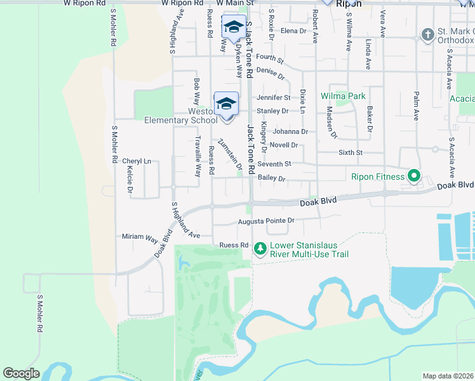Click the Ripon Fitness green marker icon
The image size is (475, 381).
[414, 176]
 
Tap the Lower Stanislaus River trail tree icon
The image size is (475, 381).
[260, 249]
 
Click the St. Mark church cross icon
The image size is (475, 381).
[428, 34]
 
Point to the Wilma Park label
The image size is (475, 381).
[343, 96]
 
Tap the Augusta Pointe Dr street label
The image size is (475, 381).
[266, 222]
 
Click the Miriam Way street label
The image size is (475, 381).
[140, 237]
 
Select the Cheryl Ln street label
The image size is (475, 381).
[137, 161]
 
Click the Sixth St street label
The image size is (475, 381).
[351, 153]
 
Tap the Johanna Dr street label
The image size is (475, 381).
[290, 132]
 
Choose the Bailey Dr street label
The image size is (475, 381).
[272, 179]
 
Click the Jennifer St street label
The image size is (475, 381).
[273, 98]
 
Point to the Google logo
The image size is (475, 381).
[21, 373]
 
